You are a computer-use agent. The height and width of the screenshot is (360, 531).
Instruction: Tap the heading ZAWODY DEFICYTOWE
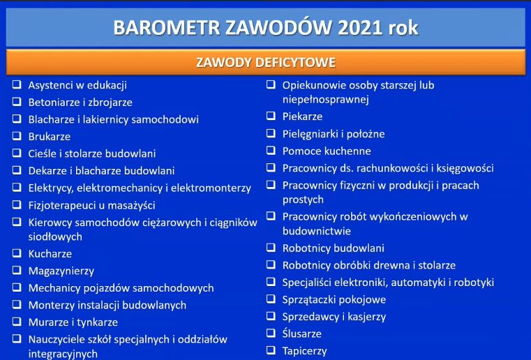[266, 62]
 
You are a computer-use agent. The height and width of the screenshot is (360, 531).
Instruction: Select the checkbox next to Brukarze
[17, 136]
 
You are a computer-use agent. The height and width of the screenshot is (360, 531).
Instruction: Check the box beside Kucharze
[17, 253]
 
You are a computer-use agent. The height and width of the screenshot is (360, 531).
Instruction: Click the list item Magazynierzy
[61, 271]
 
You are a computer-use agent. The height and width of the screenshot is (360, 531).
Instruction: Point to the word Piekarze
[302, 117]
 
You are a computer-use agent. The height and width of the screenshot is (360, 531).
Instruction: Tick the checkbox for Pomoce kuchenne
[271, 150]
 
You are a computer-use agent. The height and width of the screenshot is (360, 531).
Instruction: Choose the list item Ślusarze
[301, 333]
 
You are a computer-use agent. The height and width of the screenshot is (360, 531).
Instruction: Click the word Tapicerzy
[305, 351]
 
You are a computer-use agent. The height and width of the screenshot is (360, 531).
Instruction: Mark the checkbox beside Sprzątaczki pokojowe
[271, 299]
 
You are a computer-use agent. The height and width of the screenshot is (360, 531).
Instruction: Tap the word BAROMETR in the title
[167, 27]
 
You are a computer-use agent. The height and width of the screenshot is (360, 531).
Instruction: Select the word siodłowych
[55, 237]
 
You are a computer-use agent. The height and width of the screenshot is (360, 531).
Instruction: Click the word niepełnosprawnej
[325, 100]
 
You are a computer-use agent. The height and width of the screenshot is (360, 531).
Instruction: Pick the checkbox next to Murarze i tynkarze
[17, 322]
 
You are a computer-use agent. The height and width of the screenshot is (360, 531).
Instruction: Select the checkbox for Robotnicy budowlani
[271, 247]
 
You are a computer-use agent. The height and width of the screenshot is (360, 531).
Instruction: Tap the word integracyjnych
[63, 354]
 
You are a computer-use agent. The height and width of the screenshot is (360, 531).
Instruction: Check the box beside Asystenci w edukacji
[17, 84]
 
